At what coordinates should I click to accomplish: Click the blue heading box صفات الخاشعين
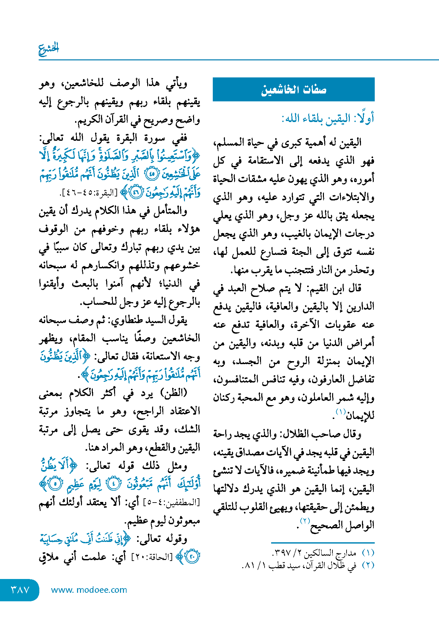(293, 90)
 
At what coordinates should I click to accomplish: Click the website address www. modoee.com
(89, 590)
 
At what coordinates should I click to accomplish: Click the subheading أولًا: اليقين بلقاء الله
(328, 118)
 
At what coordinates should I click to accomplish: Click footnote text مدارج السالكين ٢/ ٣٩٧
(314, 553)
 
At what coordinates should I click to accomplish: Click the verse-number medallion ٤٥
(151, 174)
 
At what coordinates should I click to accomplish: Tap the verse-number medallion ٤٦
(135, 193)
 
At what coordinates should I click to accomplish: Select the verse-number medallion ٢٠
(192, 556)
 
